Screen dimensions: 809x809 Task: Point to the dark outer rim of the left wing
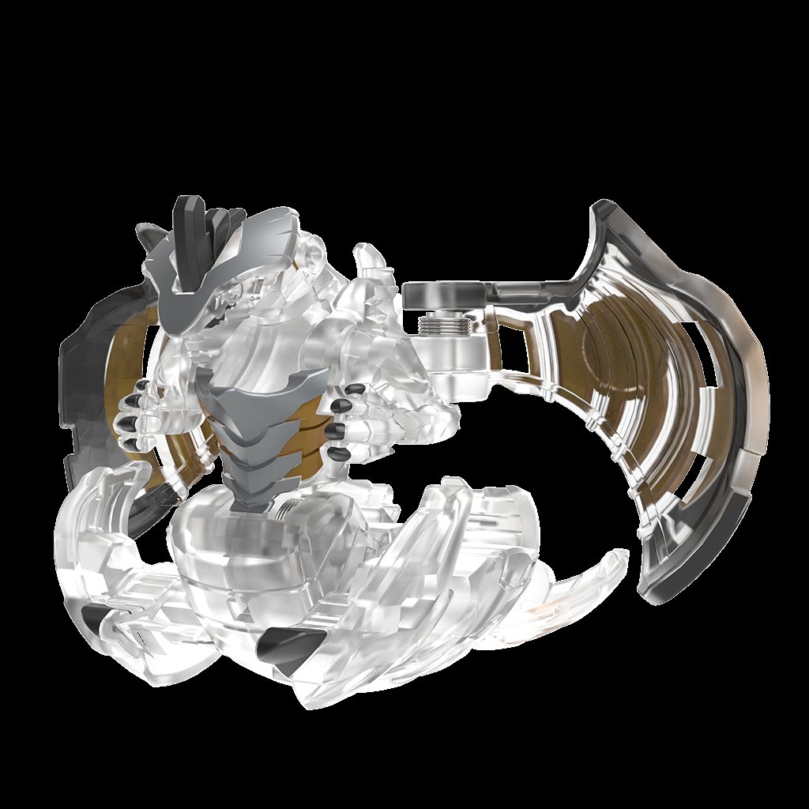pos(87,395)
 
